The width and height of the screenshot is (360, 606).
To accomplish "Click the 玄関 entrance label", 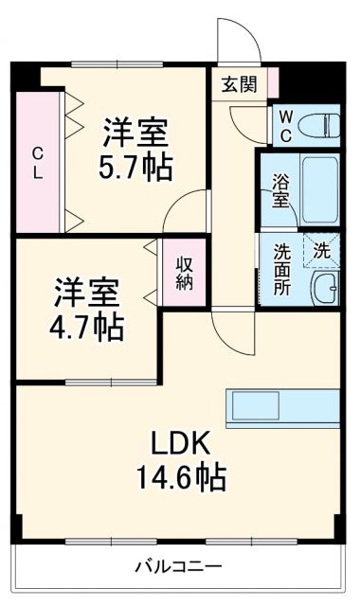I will click(239, 84).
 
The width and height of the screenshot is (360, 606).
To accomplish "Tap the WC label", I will click(282, 124).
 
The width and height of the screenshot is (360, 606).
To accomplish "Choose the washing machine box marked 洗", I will click(322, 251).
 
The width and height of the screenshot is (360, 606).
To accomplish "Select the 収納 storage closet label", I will click(185, 273).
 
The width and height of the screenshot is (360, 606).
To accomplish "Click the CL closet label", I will click(36, 164).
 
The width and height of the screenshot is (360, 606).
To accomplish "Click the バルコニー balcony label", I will click(177, 567).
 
